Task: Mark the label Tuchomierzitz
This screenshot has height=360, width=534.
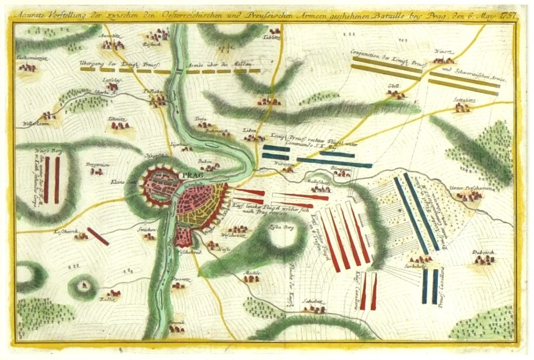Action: tap(28, 59)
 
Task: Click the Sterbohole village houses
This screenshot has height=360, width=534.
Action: tap(419, 258)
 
